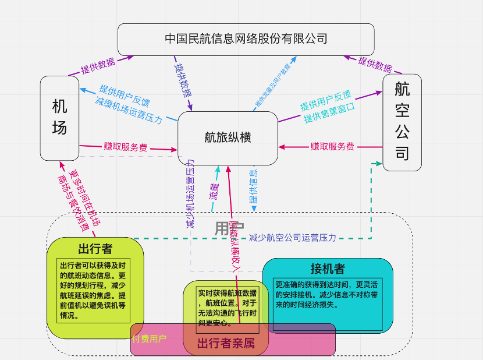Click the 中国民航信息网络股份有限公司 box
pos(246,39)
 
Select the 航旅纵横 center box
pos(228,137)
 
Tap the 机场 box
pos(59,117)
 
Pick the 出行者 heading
pos(95,249)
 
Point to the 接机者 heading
pos(327,269)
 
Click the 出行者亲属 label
pos(226,344)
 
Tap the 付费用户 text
pos(150,338)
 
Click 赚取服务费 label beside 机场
pos(125,147)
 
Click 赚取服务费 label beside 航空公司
pos(332,146)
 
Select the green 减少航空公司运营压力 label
pos(292,238)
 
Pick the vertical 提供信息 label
pos(254,187)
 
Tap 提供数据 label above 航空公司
pos(375,62)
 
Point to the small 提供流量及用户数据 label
pos(272,85)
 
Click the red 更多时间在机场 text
pos(86,198)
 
